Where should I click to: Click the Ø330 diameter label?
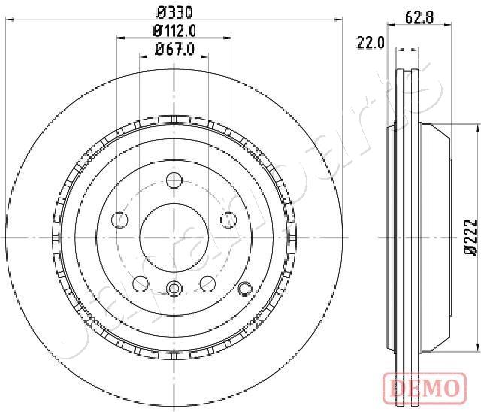[x=174, y=12]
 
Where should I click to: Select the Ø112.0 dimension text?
[x=174, y=31]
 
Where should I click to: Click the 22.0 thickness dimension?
[x=371, y=44]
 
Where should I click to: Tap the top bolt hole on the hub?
[x=174, y=180]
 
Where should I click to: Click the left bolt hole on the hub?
[x=119, y=220]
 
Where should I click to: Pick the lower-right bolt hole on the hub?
[x=207, y=283]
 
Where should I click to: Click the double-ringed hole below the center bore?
[x=174, y=288]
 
